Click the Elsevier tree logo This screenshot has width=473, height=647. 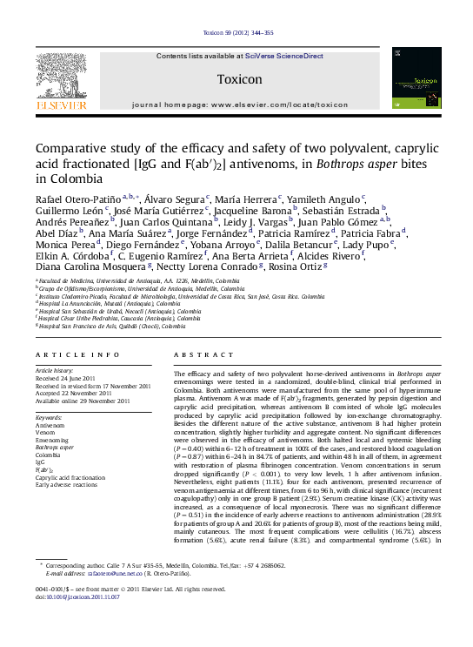(x=61, y=79)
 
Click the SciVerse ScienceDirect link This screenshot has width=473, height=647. (x=283, y=56)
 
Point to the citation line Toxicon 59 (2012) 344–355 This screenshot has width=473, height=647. (x=237, y=33)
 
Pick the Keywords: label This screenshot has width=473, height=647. (x=55, y=418)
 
